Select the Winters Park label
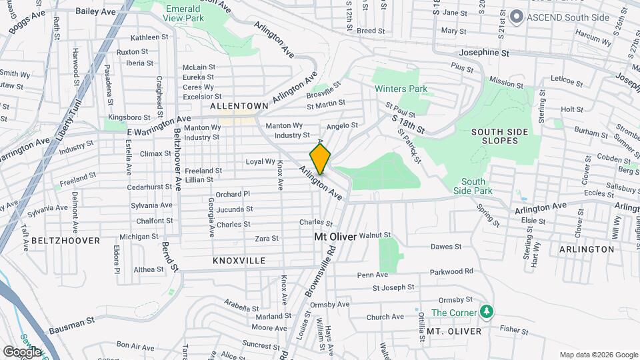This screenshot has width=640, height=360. point(400,89)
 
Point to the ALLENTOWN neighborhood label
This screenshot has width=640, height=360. point(239,106)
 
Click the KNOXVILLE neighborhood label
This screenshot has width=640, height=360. point(239,261)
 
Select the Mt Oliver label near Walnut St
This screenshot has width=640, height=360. point(335,237)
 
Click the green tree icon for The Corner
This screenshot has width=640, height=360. point(487,312)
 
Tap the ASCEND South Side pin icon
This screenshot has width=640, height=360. point(515,17)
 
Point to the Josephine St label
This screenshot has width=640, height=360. point(484,52)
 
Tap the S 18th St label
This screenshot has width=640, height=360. point(409,123)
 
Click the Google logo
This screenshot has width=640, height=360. point(22,351)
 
